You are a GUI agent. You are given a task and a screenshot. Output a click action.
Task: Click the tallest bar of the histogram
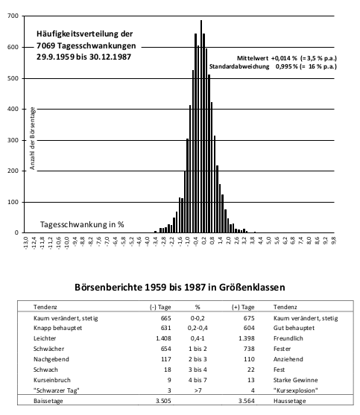coord(201,127)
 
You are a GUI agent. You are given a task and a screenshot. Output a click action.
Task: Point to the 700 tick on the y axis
coord(13,16)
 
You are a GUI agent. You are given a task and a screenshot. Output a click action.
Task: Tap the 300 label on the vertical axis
coord(13,140)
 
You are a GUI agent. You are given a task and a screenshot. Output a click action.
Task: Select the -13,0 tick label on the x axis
coord(25,244)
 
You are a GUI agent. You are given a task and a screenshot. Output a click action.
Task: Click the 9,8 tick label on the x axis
coord(333,241)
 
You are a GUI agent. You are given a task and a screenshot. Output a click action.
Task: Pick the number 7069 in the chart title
coord(45,45)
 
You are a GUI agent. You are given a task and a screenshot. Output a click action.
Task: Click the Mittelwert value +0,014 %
coord(284,58)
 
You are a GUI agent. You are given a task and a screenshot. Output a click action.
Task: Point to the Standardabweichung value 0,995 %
coord(287,66)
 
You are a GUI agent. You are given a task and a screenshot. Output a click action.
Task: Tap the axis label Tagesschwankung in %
coord(82,224)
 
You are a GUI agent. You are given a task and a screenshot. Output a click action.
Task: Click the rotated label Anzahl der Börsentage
coord(32,138)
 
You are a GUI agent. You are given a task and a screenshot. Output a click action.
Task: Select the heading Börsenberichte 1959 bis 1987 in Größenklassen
coord(180,287)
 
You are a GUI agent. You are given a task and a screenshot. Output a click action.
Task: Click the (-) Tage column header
coord(160,307)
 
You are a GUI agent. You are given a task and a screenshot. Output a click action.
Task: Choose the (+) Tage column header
coord(243,307)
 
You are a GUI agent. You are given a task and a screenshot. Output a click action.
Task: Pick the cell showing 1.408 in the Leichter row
coord(163,338)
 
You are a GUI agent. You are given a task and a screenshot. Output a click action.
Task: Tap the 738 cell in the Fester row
coord(249,349)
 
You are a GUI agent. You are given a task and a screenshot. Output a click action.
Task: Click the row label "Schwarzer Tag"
coord(57,390)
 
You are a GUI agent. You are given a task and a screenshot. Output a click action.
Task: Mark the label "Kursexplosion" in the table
coord(296,390)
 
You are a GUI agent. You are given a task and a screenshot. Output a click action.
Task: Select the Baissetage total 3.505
coord(163,401)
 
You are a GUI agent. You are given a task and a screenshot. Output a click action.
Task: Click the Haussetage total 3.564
coord(247,401)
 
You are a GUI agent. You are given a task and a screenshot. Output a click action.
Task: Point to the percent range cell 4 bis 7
coord(198,380)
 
